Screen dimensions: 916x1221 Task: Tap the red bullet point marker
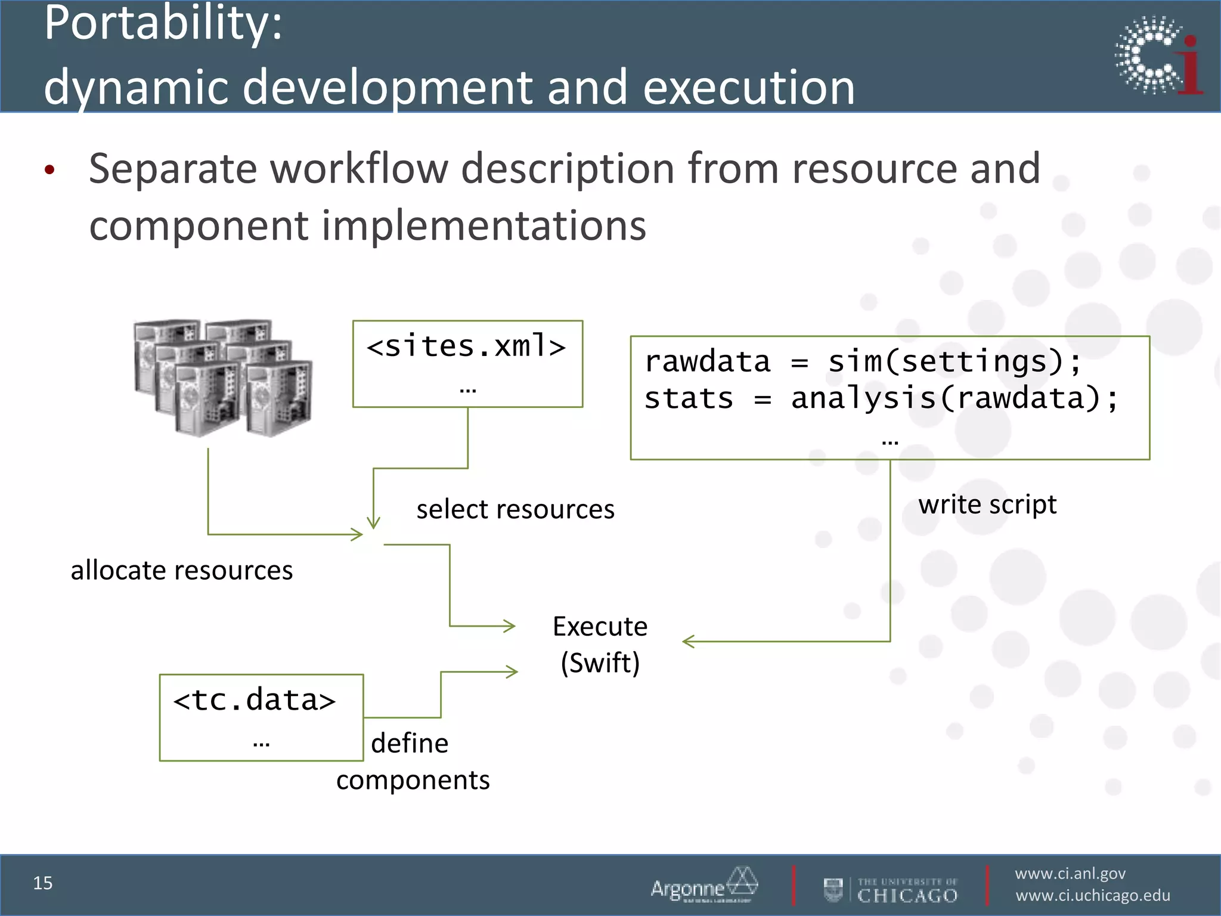click(49, 170)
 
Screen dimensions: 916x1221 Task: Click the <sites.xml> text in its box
click(466, 346)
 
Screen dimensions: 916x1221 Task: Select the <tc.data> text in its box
click(255, 700)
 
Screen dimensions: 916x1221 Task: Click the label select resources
click(515, 510)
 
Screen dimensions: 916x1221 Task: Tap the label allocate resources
click(182, 571)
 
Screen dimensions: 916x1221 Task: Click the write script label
click(987, 505)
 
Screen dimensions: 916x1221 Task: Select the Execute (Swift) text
click(600, 645)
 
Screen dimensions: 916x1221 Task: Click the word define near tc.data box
click(410, 744)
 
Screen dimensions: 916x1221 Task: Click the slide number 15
click(43, 883)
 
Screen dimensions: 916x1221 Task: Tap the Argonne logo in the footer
click(704, 886)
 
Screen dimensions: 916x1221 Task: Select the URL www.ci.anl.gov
click(1070, 874)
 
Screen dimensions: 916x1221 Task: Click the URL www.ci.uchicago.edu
click(1093, 896)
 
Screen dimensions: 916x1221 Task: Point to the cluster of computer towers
click(222, 377)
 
